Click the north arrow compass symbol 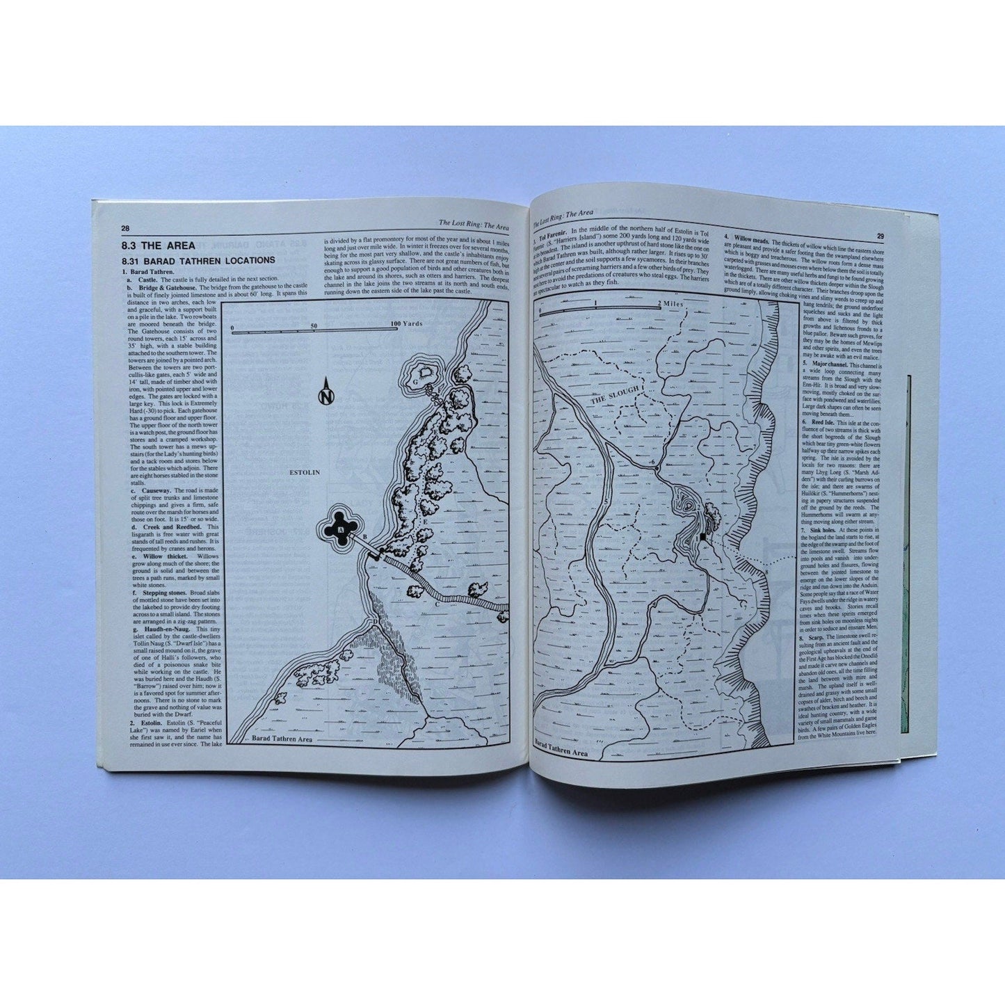[325, 392]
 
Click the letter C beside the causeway [437, 604]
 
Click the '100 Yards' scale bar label [407, 324]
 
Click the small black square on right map [704, 537]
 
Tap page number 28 [124, 228]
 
